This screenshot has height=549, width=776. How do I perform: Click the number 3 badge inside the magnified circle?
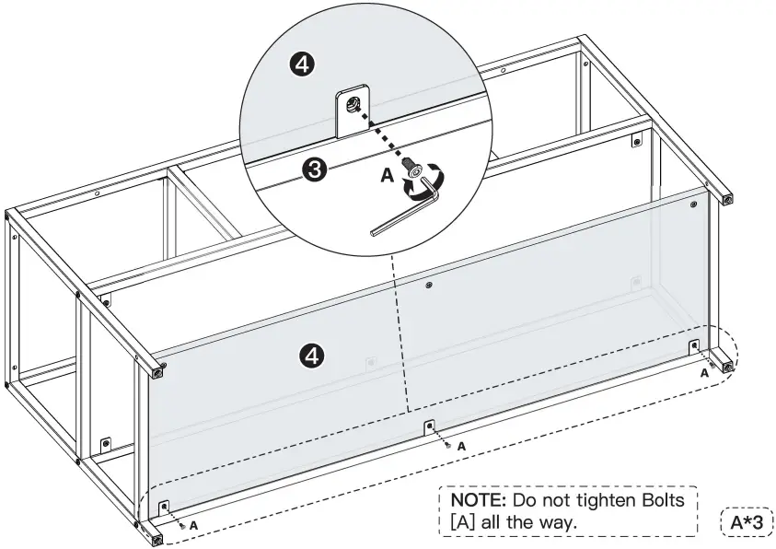point(314,169)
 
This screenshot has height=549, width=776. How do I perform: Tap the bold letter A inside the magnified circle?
point(387,172)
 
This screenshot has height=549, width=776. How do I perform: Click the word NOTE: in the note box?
point(478,500)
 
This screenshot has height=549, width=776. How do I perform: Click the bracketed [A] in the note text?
point(463,523)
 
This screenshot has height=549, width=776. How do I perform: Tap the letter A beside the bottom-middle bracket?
point(461,446)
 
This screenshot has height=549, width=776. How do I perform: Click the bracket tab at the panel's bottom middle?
point(429,427)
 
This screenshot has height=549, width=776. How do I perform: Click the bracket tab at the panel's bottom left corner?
point(165,508)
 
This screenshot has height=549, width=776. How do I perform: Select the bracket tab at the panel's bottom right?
point(695,347)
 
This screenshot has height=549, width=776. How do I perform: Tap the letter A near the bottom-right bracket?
point(704,373)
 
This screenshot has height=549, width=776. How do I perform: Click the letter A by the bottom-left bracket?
point(194,524)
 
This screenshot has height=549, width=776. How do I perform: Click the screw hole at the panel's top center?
point(429,286)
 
